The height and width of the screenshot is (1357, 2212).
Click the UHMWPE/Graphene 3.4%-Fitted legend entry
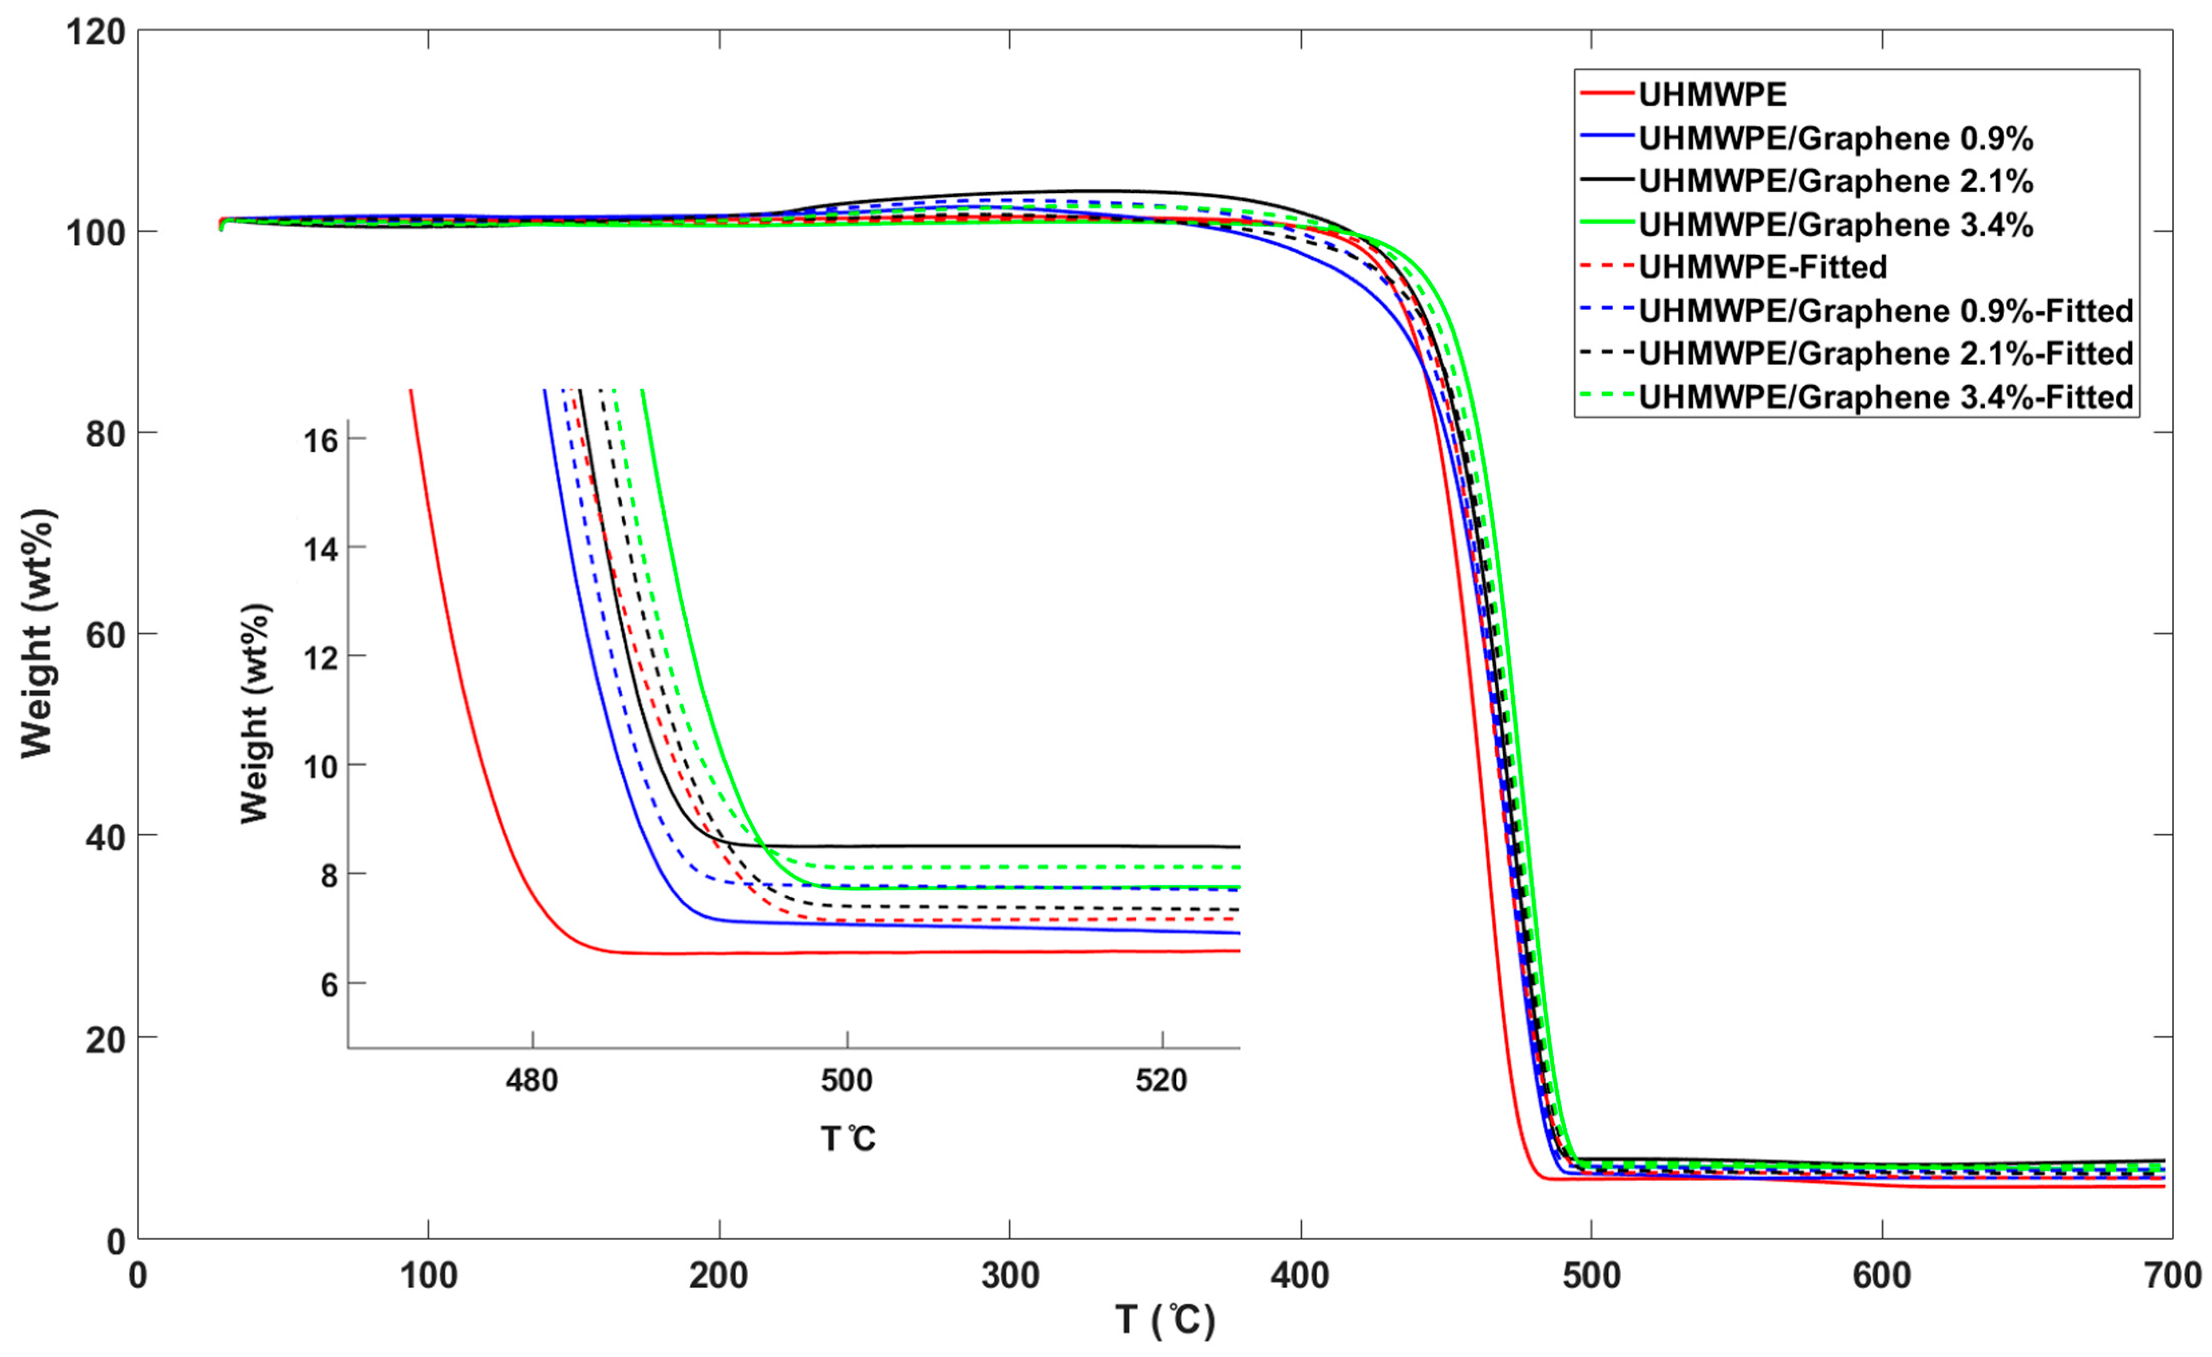[x=1885, y=397]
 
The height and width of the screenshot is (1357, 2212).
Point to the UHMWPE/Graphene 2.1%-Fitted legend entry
[x=1885, y=354]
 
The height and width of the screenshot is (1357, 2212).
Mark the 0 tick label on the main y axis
[x=115, y=1242]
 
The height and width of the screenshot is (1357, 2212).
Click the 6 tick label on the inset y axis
[x=329, y=985]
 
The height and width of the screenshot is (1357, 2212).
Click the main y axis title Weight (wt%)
[x=38, y=633]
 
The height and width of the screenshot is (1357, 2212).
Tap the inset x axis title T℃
[x=848, y=1139]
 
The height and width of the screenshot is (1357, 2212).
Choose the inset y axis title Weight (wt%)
[x=255, y=714]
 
